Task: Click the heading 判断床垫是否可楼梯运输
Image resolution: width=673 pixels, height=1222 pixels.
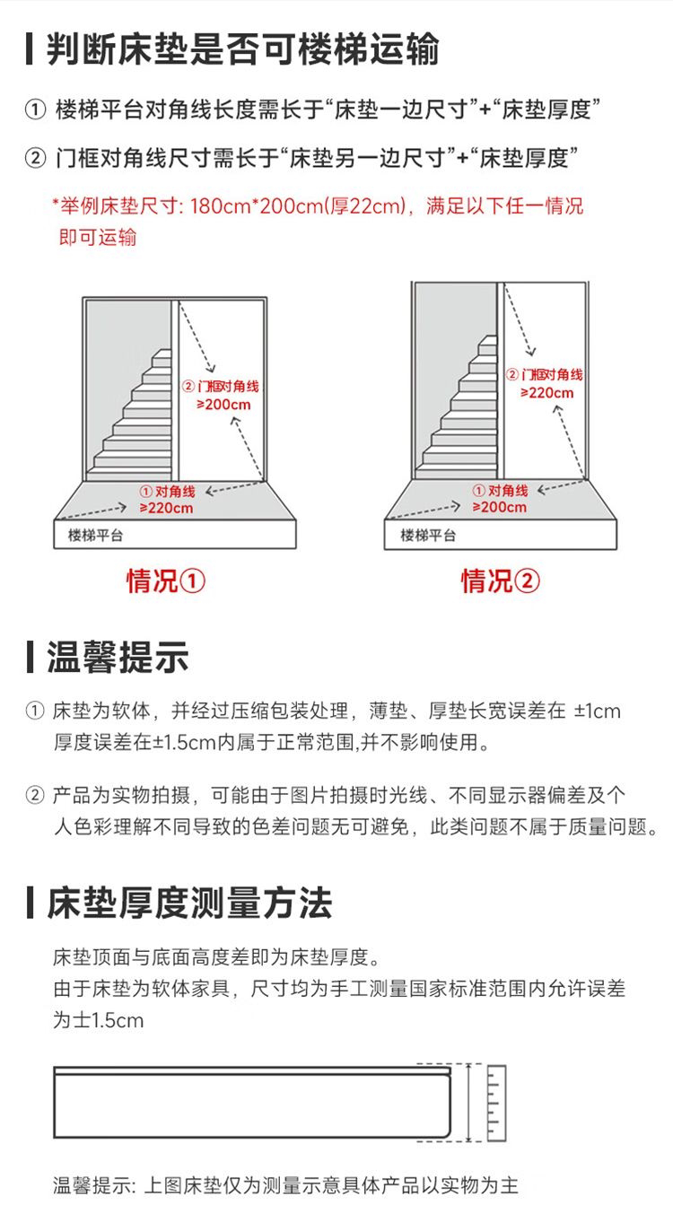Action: pyautogui.click(x=243, y=49)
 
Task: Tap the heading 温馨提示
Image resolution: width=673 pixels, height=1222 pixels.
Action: pyautogui.click(x=118, y=658)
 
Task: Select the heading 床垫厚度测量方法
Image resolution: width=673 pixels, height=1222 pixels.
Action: pyautogui.click(x=189, y=903)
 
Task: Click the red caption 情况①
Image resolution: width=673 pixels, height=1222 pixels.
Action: pyautogui.click(x=166, y=580)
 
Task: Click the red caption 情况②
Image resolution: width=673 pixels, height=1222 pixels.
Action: pyautogui.click(x=500, y=580)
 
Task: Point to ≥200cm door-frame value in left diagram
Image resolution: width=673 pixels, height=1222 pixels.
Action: pyautogui.click(x=223, y=405)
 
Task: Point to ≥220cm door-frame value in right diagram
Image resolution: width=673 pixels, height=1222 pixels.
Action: pyautogui.click(x=546, y=393)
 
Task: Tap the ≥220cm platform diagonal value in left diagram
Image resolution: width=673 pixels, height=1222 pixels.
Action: pyautogui.click(x=166, y=508)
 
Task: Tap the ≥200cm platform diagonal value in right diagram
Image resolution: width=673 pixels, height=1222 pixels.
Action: pyautogui.click(x=500, y=507)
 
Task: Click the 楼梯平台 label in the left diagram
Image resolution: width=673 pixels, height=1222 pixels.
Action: pyautogui.click(x=95, y=535)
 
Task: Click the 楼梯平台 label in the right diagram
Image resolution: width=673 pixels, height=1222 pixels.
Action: pyautogui.click(x=428, y=535)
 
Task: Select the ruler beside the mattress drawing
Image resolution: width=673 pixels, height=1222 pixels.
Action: pyautogui.click(x=496, y=1103)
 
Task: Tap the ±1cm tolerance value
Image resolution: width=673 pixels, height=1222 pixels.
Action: pyautogui.click(x=598, y=711)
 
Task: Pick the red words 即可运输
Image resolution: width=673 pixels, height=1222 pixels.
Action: pyautogui.click(x=98, y=237)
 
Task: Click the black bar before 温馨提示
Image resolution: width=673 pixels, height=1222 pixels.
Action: pyautogui.click(x=30, y=658)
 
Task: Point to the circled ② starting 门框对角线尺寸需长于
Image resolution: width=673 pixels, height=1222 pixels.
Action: pyautogui.click(x=35, y=158)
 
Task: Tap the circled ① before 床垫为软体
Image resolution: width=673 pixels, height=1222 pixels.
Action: pyautogui.click(x=35, y=711)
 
